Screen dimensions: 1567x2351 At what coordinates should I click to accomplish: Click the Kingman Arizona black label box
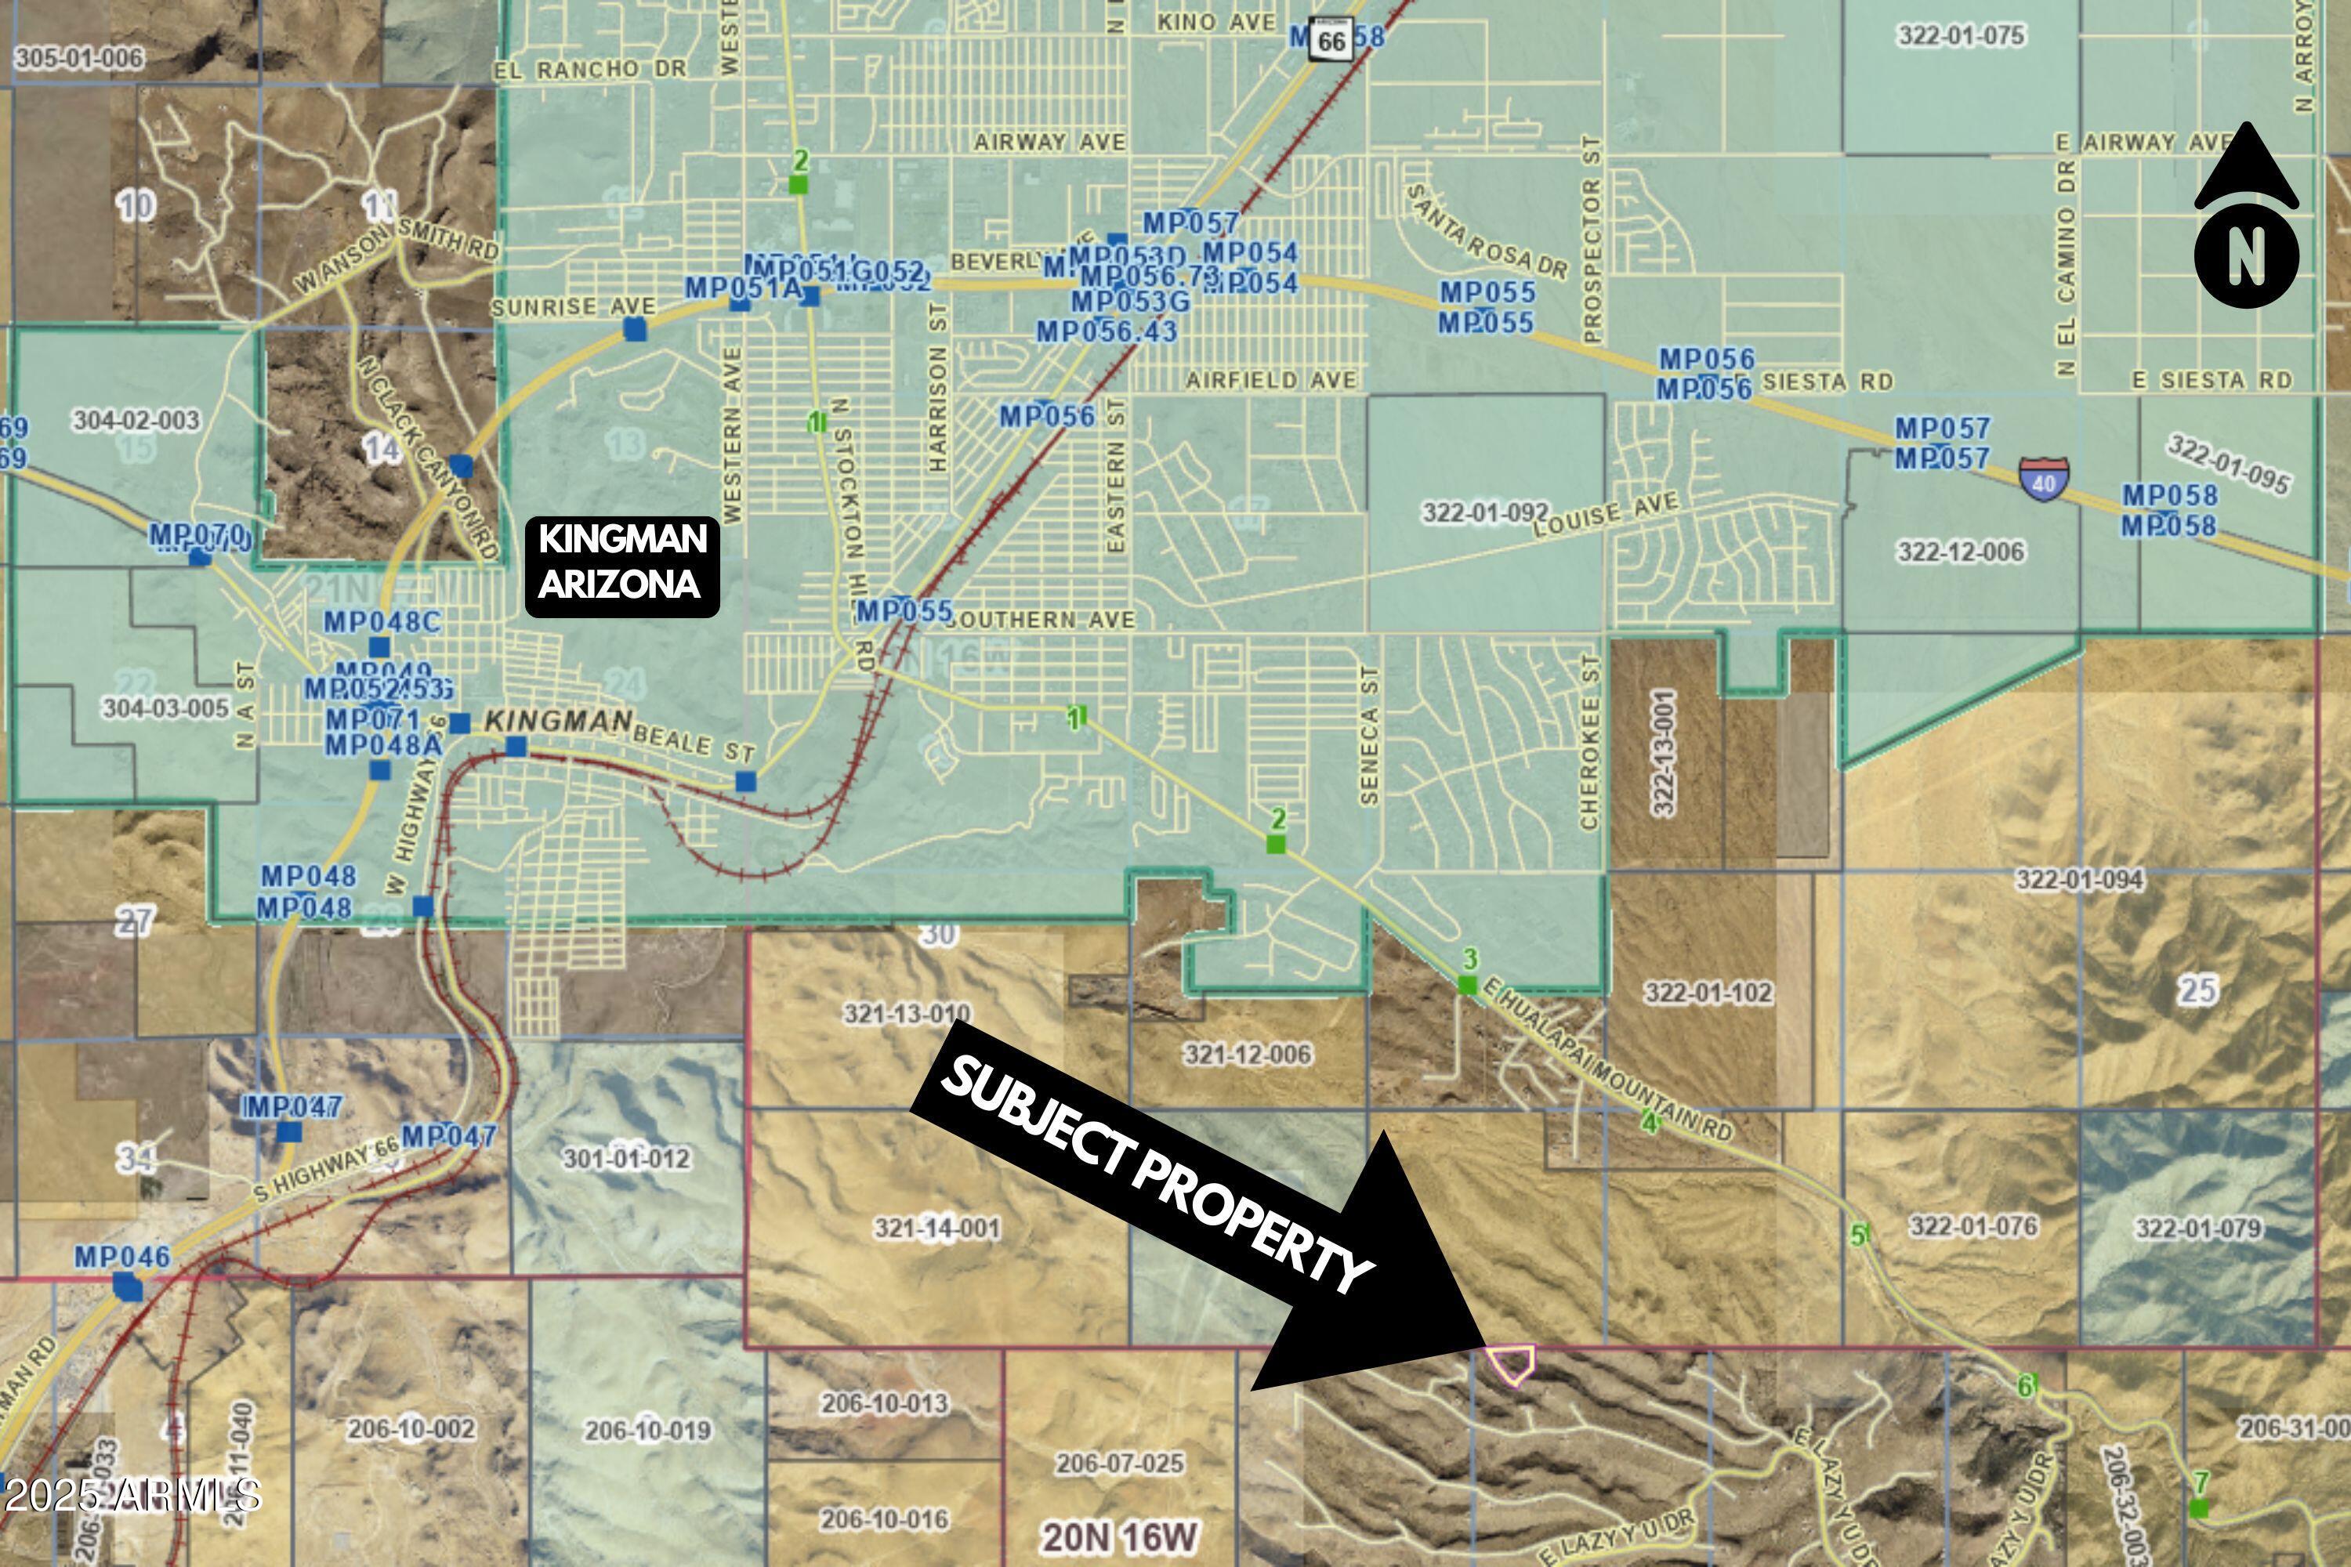click(x=621, y=566)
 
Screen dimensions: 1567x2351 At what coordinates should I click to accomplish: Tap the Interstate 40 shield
click(x=2043, y=479)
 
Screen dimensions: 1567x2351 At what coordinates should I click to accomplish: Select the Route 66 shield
click(x=1331, y=40)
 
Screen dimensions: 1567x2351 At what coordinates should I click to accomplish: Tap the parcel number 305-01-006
click(x=79, y=57)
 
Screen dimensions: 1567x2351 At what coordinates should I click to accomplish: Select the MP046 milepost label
click(x=122, y=1256)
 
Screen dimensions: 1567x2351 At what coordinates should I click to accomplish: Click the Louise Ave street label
click(x=1607, y=515)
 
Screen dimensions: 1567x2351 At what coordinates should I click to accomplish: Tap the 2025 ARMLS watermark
click(x=131, y=1495)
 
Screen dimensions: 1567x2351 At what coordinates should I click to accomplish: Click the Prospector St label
click(x=1592, y=240)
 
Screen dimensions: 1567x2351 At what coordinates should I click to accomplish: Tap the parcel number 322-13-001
click(x=1665, y=751)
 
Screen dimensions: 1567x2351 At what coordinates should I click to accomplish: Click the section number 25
click(x=2198, y=990)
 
